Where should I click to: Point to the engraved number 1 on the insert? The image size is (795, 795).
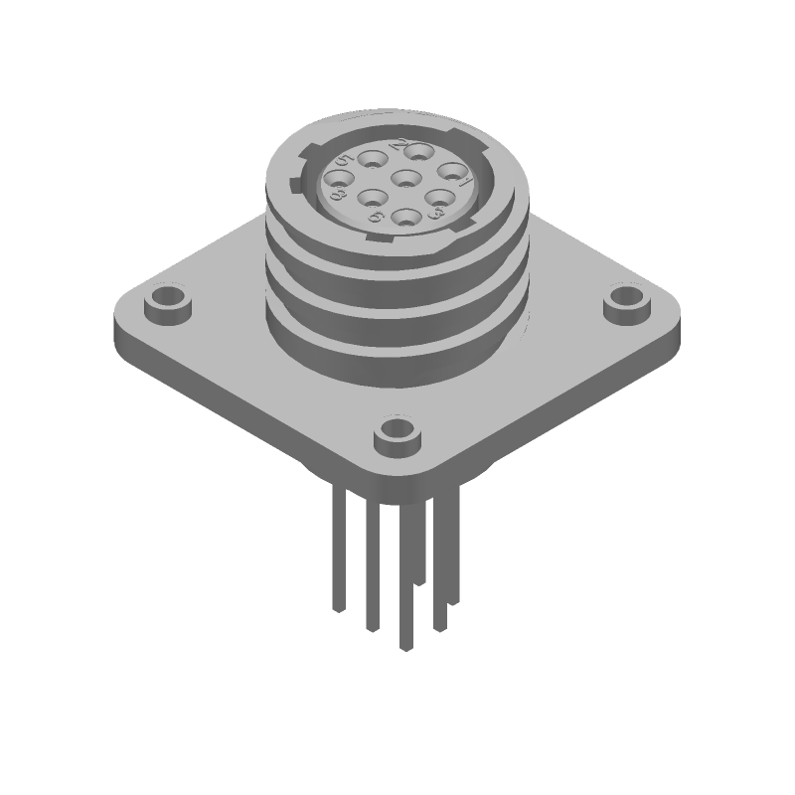463,181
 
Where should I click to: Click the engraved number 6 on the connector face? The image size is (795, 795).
376,215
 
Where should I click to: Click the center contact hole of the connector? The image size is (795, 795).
405,180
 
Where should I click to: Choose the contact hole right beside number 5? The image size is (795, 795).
375,158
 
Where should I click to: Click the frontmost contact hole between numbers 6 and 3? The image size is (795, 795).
404,216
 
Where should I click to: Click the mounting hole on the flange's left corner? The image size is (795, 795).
166,299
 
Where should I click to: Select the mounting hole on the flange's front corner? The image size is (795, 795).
395,433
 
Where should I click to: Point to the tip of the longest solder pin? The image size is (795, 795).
405,646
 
